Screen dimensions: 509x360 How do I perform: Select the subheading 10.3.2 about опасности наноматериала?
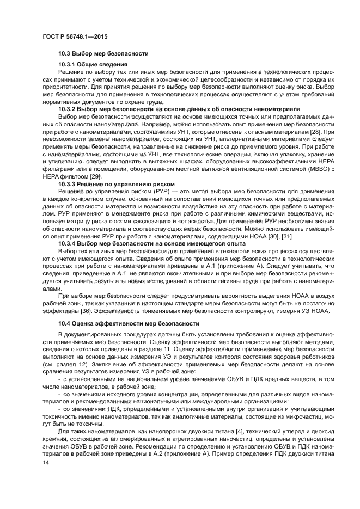[x=179, y=124]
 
